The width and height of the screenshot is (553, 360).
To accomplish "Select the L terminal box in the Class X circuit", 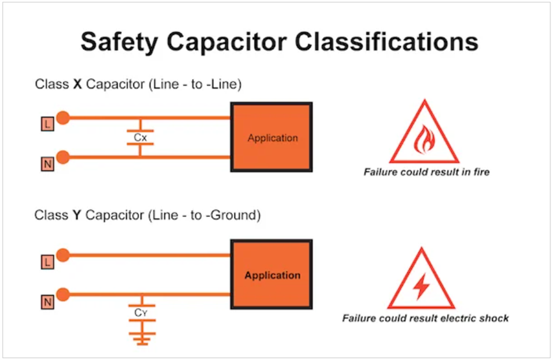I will tap(48, 126).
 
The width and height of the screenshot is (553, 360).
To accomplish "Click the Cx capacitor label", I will tap(140, 137).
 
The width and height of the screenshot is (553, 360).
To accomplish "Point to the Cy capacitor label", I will tap(141, 313).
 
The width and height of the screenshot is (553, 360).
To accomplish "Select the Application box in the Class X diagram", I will tap(272, 137).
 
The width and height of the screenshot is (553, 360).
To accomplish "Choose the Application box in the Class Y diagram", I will tap(272, 276).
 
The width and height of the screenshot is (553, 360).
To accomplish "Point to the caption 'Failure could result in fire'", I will tap(427, 172).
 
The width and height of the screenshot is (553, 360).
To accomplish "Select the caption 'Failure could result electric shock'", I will tap(425, 318).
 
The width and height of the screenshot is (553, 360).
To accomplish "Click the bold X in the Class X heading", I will tap(77, 84).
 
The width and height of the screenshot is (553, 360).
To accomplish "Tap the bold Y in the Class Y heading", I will tap(77, 216).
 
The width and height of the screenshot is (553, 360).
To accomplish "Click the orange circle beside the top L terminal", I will tap(63, 117).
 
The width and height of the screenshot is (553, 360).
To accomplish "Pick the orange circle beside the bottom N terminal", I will tap(63, 294).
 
